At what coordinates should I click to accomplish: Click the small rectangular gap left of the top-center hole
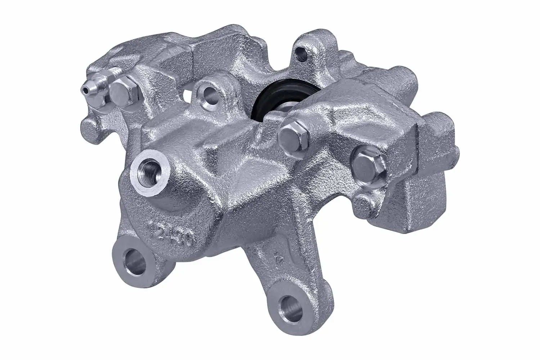pyautogui.click(x=186, y=95)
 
